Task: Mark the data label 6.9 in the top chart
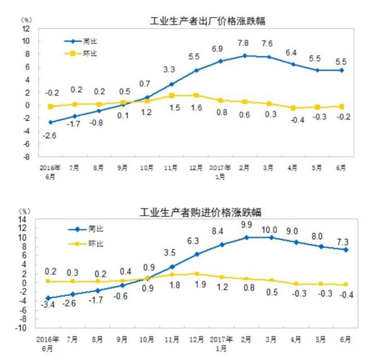218,49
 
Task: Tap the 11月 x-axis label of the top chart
170,168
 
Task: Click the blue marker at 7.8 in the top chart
245,56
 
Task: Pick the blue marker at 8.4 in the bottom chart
222,245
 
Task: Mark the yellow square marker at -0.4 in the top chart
293,107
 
